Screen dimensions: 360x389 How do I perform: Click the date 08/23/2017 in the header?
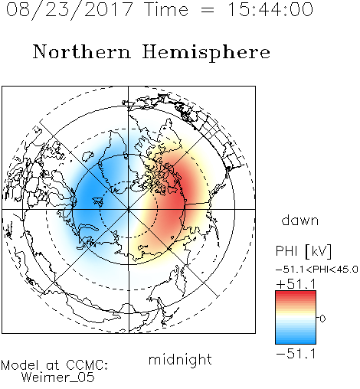click(69, 10)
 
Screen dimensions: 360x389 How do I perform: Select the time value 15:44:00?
click(270, 9)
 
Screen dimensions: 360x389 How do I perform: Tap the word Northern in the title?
click(82, 51)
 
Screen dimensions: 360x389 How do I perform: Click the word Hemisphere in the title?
click(206, 53)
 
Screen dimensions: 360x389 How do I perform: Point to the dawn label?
click(300, 220)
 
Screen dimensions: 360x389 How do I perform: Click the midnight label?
click(180, 359)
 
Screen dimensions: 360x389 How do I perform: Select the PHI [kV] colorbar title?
click(303, 251)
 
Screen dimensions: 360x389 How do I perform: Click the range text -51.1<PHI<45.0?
click(317, 270)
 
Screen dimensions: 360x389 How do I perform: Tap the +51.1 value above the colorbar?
click(296, 284)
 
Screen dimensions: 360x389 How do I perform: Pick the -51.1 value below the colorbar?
click(296, 354)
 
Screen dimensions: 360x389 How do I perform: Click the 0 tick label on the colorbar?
click(322, 319)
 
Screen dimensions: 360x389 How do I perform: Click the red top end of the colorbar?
click(296, 293)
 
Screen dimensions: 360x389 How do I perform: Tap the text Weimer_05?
click(58, 378)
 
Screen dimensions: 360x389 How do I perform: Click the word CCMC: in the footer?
click(87, 365)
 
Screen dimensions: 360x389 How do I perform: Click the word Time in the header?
click(166, 9)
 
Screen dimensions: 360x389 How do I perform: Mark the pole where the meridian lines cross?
click(129, 209)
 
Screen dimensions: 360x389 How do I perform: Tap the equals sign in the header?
click(208, 11)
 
